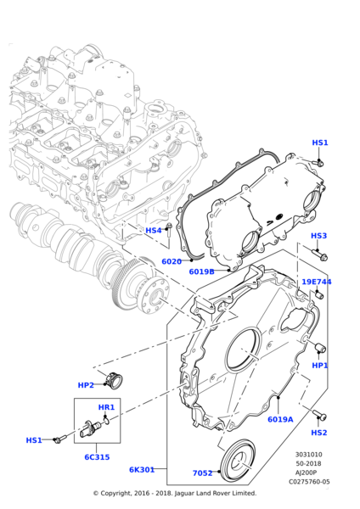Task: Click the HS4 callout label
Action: click(x=154, y=231)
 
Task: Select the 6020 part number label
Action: click(x=172, y=261)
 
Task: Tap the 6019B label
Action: click(x=201, y=271)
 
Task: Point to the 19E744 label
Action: click(x=317, y=282)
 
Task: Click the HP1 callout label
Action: click(x=320, y=366)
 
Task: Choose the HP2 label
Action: click(x=86, y=385)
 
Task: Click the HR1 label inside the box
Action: click(x=106, y=407)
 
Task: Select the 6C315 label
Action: click(x=97, y=457)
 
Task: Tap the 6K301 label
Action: click(x=142, y=470)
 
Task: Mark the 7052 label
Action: click(x=202, y=473)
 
